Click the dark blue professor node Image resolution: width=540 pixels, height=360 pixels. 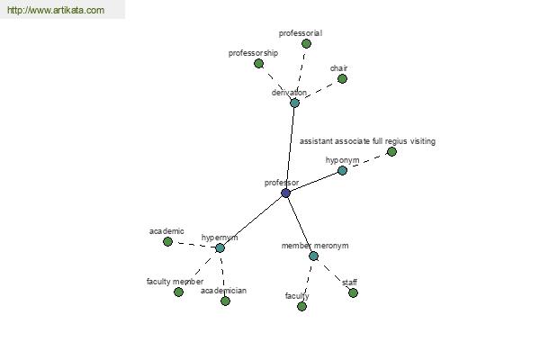tap(285, 193)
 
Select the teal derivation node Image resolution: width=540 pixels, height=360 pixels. tap(294, 103)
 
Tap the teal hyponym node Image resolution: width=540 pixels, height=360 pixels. tap(342, 170)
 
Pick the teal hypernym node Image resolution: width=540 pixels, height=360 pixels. tap(220, 247)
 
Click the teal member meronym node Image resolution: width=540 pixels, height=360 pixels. tap(313, 256)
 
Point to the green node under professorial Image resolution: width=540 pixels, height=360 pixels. tap(306, 43)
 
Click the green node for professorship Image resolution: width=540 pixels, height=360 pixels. tap(258, 63)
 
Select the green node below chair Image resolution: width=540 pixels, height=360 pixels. tap(342, 78)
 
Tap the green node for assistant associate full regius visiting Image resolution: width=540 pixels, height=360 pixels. tap(391, 151)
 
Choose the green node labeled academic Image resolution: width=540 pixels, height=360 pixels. tap(167, 241)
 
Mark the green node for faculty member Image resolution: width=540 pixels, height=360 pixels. tap(178, 292)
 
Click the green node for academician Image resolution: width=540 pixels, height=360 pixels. tap(225, 301)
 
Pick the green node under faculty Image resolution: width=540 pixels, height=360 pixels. tap(301, 306)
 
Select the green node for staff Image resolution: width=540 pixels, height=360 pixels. tap(353, 292)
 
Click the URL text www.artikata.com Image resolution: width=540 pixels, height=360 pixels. tap(56, 11)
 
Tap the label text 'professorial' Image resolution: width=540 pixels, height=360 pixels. tap(300, 33)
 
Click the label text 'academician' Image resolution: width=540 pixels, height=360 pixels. tap(223, 291)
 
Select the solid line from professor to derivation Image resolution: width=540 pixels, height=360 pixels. tap(290, 148)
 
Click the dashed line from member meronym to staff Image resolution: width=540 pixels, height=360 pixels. tap(333, 274)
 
